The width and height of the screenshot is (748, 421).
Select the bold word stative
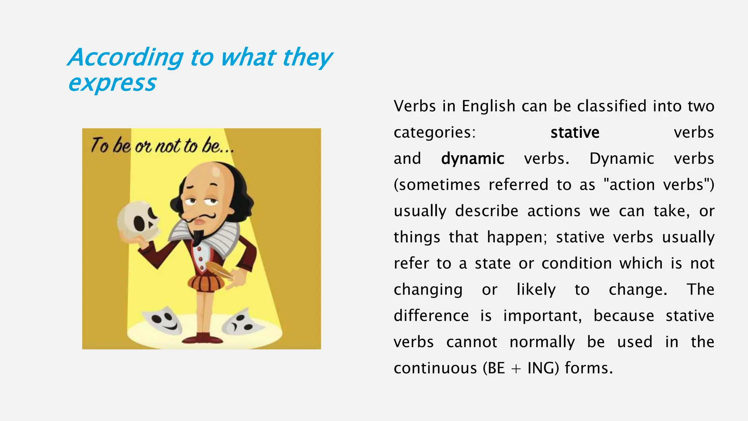[575, 132]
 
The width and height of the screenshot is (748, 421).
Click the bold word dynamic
[473, 159]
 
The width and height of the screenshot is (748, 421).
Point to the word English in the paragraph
[488, 106]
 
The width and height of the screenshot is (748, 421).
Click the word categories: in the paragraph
[435, 132]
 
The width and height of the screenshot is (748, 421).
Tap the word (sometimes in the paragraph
[437, 185]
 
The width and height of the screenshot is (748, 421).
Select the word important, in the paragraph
[542, 316]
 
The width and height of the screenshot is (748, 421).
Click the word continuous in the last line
[435, 368]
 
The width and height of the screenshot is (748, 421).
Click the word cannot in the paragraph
[472, 342]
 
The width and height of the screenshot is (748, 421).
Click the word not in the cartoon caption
[168, 146]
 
